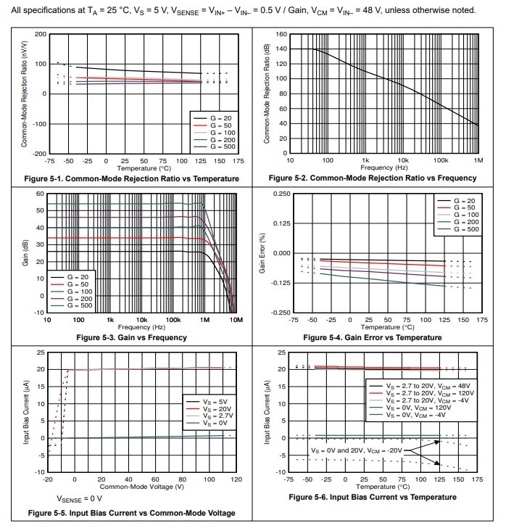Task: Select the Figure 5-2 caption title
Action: [x=373, y=178]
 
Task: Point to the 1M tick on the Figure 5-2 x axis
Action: [x=478, y=160]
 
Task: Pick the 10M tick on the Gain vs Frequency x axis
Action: [x=235, y=319]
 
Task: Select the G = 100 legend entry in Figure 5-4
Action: [x=465, y=215]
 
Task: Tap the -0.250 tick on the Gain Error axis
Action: [x=278, y=313]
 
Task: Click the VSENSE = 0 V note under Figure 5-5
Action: [x=80, y=499]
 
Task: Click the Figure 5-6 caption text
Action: [x=373, y=497]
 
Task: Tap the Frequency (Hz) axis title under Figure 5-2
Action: [x=383, y=168]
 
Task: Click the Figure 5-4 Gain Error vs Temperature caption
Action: [x=373, y=337]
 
